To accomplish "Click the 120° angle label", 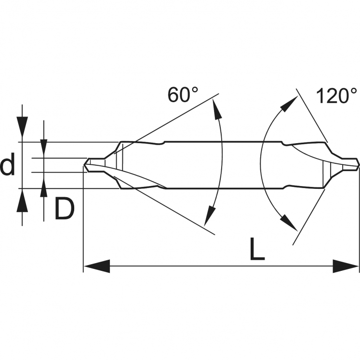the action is tap(336, 96).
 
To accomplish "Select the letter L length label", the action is tap(257, 249).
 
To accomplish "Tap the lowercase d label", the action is tap(8, 164).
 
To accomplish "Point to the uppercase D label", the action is tap(65, 209).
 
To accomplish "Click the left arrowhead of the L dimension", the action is tap(97, 267).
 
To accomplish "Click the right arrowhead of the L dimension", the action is tap(346, 267).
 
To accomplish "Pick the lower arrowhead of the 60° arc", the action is tap(209, 215).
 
